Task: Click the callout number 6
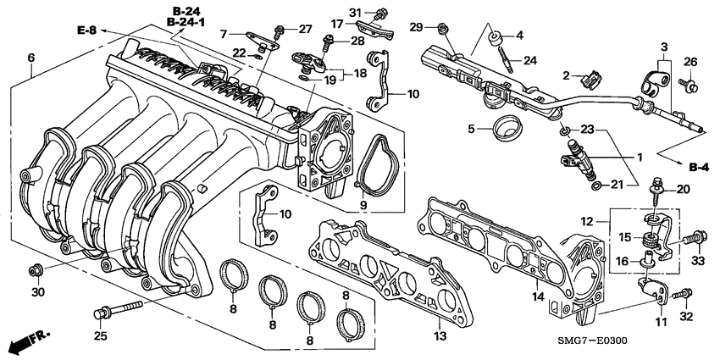click(31, 58)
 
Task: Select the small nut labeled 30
click(36, 270)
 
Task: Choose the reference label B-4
click(698, 168)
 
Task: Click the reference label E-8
click(86, 30)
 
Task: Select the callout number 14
click(536, 296)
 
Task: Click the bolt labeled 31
click(381, 14)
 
